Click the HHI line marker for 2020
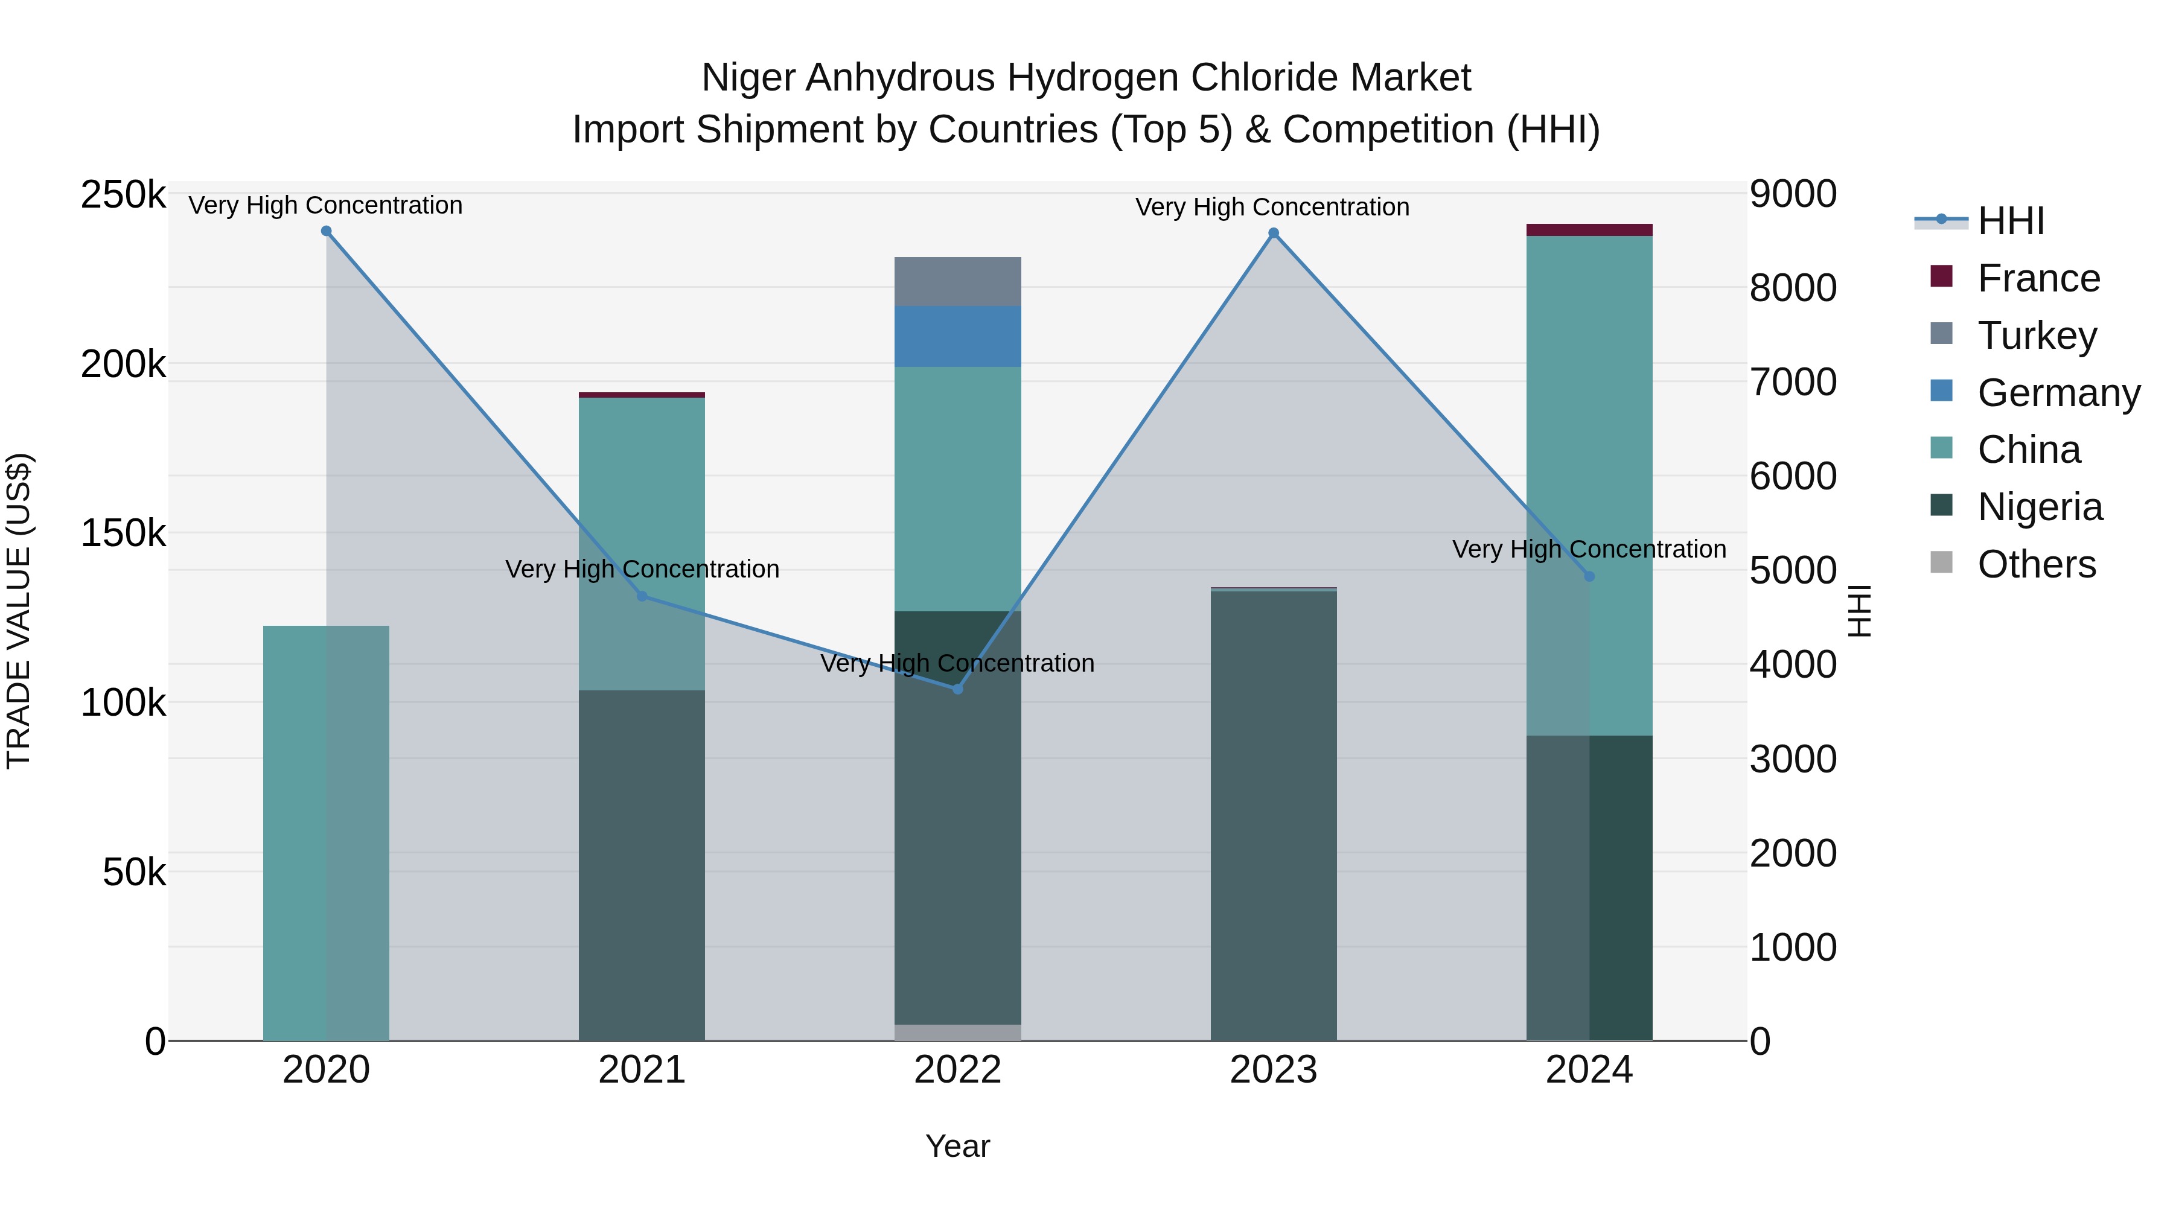pos(327,231)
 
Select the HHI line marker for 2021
pos(642,596)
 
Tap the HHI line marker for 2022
pos(957,689)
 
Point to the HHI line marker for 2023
pos(1274,234)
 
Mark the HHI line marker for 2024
pos(1589,576)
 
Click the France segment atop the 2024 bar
pos(1589,231)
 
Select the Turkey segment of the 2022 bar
pos(957,282)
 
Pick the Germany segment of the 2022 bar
pos(957,337)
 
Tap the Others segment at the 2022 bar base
pos(957,1033)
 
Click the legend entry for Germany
pos(2058,393)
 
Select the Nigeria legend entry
pos(2040,508)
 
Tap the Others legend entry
pos(2037,565)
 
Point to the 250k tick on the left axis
pos(123,196)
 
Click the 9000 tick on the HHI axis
pos(1793,194)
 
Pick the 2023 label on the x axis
pos(1274,1070)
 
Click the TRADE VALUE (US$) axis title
pos(19,611)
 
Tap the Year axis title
pos(957,1146)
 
